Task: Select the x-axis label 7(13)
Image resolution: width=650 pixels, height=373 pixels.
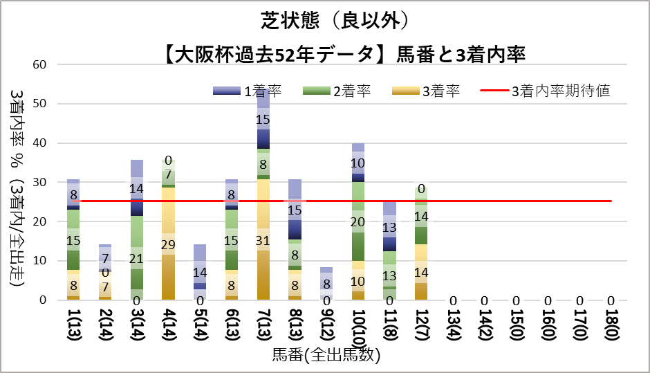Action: tap(263, 329)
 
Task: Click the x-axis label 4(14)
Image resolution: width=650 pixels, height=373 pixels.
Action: tap(168, 329)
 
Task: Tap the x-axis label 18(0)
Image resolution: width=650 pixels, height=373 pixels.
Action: tap(611, 329)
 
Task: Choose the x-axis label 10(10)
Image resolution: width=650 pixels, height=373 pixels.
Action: tap(357, 332)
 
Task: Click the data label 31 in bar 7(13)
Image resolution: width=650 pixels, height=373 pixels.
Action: tap(263, 240)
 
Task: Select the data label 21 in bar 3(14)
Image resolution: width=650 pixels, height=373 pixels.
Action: tap(136, 258)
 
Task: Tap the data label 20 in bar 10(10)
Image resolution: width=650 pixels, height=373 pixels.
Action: tap(357, 221)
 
